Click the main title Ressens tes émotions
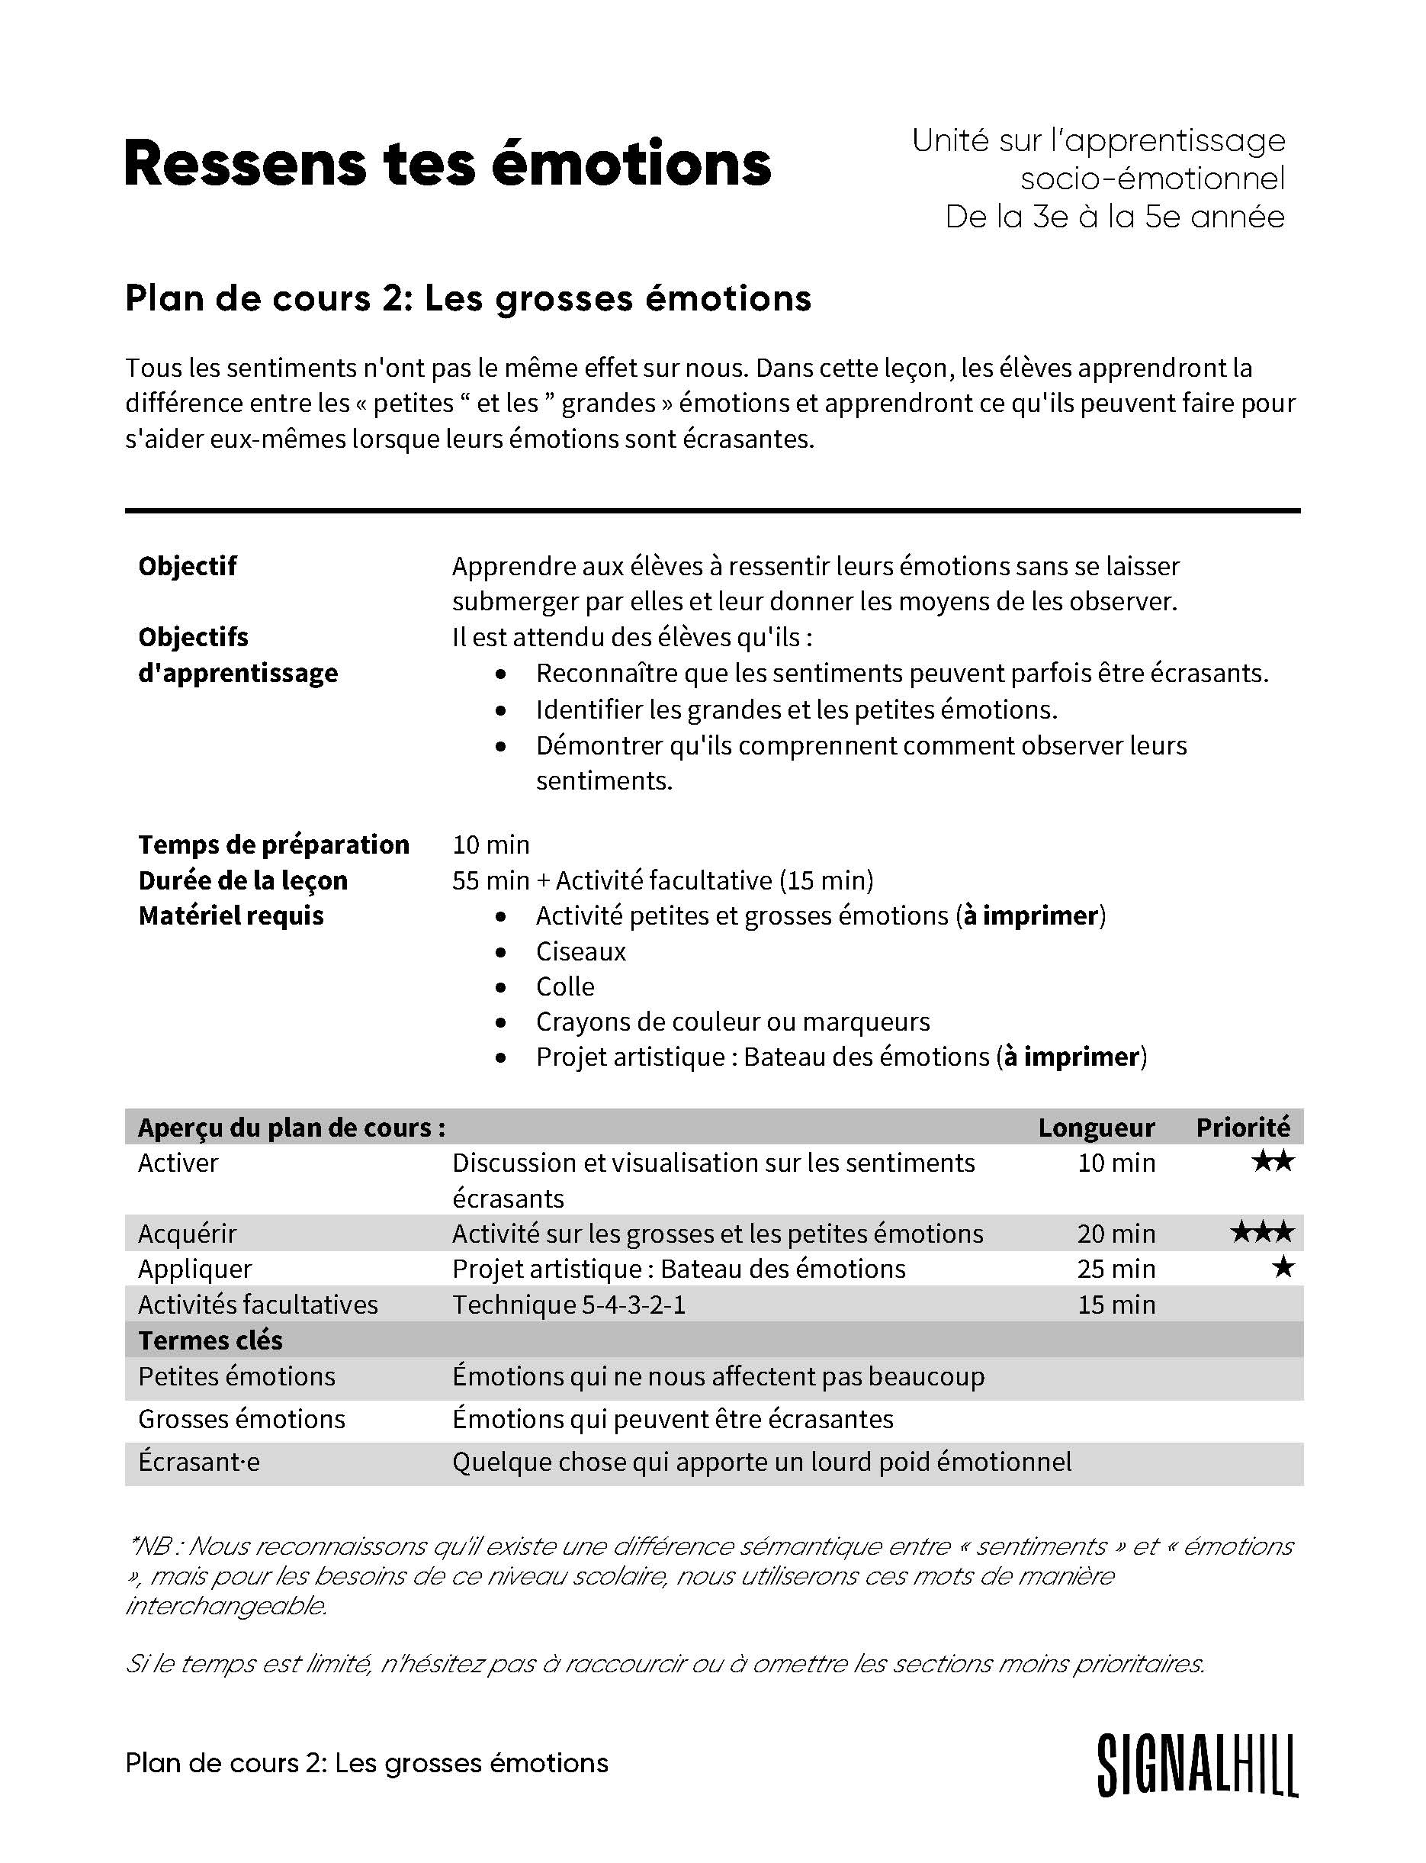[448, 163]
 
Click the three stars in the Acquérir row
[1262, 1231]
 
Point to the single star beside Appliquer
[1283, 1267]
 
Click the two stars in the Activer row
[1273, 1161]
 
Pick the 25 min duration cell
[1116, 1269]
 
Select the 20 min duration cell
[1116, 1233]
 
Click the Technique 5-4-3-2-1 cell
[569, 1305]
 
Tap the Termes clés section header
[210, 1340]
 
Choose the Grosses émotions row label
[242, 1419]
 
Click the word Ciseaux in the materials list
[580, 951]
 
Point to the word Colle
[565, 986]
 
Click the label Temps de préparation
[273, 844]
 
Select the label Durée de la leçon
[242, 880]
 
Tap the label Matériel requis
[231, 915]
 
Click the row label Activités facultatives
[258, 1305]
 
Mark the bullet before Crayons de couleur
[502, 1022]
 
